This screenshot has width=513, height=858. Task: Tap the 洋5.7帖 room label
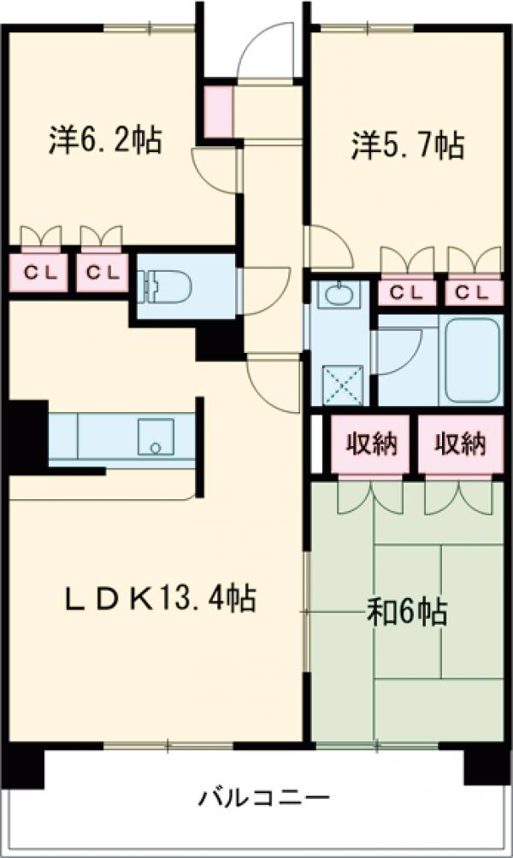tap(408, 144)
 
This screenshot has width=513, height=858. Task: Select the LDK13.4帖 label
tap(161, 598)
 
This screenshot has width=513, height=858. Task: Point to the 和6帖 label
tap(407, 611)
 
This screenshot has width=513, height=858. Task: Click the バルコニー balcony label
tap(264, 800)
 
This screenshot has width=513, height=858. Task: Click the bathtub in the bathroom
tap(472, 361)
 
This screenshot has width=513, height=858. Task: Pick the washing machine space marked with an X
tap(342, 384)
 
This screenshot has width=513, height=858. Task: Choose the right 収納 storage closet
tap(460, 444)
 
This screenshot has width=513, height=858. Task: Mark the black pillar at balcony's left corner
tap(23, 767)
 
